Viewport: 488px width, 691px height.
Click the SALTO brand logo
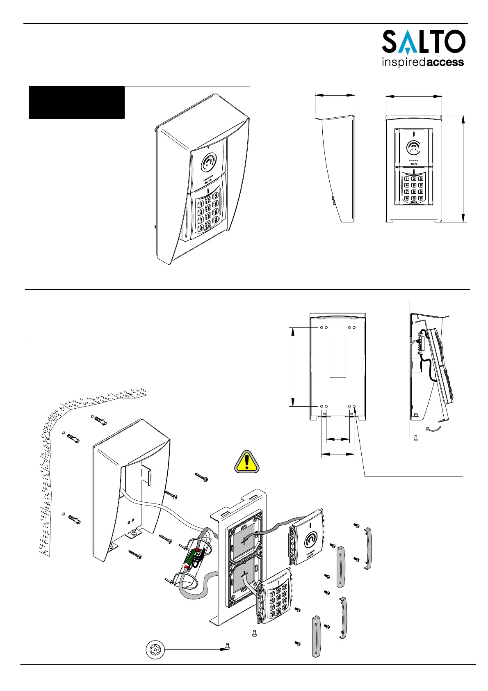[423, 42]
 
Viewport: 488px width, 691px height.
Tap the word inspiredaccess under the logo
[422, 63]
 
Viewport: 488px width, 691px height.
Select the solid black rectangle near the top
[77, 103]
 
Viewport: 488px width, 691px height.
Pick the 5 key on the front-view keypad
[414, 185]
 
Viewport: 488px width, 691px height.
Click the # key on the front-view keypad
[420, 198]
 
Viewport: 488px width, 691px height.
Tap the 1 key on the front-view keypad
[407, 179]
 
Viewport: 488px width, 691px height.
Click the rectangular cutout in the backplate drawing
[338, 357]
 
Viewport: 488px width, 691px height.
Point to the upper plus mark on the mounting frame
[245, 541]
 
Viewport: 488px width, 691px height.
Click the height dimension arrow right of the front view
[463, 168]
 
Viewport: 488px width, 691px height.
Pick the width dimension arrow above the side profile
[335, 95]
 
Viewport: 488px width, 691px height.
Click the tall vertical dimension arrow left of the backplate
[293, 366]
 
